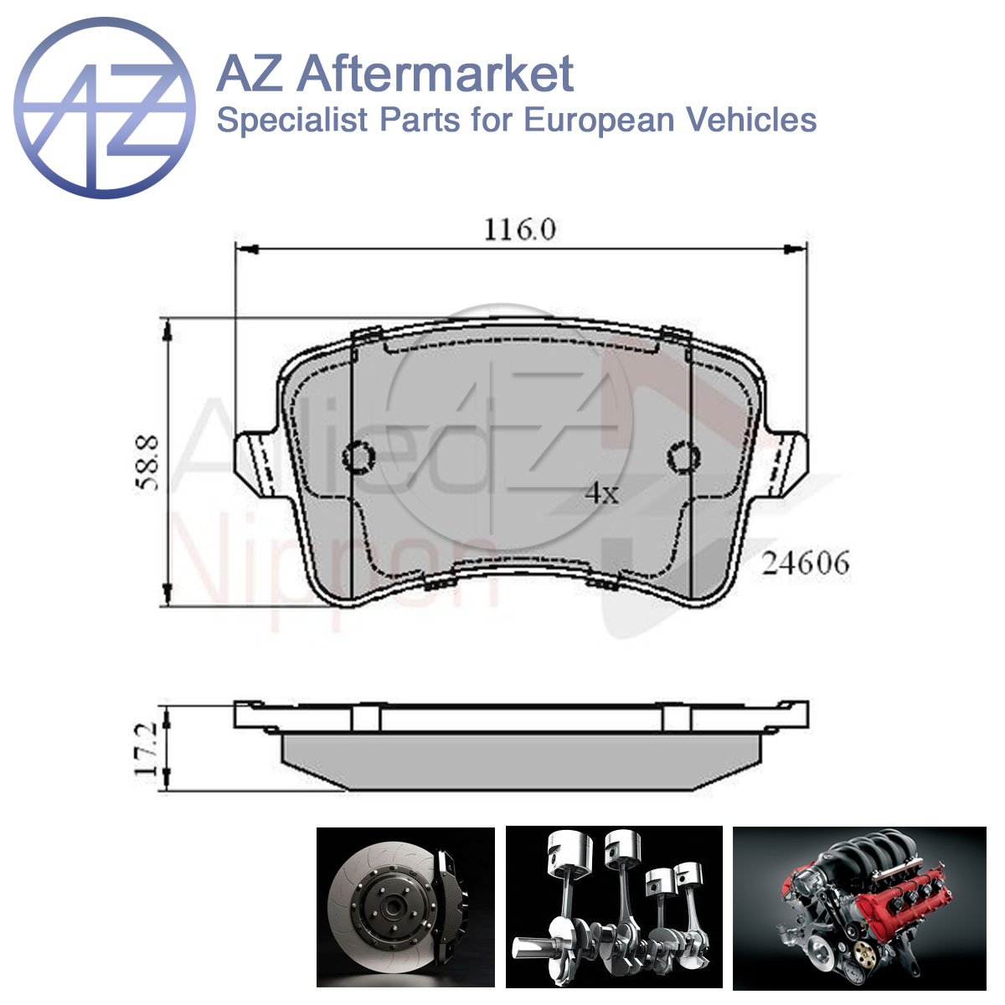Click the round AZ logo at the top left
105,107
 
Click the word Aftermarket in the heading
435,74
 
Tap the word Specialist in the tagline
292,120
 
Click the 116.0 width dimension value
520,229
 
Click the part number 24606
806,563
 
